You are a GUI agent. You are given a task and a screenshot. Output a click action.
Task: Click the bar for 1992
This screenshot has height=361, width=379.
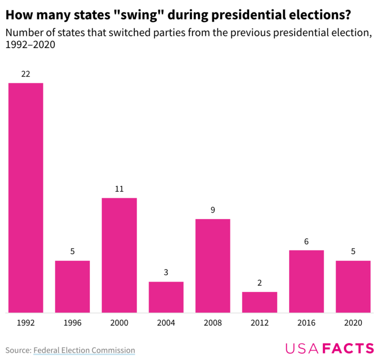pos(26,197)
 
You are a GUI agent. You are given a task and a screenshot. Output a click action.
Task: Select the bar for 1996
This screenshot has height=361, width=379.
pos(73,287)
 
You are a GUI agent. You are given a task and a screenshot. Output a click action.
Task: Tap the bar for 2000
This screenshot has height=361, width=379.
pos(119,255)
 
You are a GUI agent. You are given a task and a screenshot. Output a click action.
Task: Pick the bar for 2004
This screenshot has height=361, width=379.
pos(166,297)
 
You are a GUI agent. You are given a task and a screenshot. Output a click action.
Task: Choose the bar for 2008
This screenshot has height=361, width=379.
pos(213,266)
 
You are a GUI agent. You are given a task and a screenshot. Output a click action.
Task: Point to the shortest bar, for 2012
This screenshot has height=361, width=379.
pos(260,302)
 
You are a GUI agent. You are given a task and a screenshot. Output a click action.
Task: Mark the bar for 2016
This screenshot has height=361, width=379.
pos(306,281)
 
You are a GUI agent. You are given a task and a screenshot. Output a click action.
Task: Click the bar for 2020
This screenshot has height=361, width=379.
pos(353,287)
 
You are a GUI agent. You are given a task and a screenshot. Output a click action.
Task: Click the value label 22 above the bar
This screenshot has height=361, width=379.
pos(26,74)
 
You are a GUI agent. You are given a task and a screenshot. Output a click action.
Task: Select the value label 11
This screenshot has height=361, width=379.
pos(119,189)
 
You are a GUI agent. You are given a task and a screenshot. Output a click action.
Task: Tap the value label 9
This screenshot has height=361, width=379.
pos(213,210)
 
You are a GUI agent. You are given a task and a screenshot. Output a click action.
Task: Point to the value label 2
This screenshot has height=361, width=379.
pos(260,283)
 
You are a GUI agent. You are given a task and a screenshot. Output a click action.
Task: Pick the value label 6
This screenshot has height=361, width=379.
pos(306,241)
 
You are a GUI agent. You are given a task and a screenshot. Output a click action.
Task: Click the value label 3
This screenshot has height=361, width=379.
pos(166,273)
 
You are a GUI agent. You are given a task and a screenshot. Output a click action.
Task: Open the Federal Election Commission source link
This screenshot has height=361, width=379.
pos(84,350)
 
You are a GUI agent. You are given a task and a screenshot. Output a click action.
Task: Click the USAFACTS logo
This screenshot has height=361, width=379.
pos(330,349)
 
